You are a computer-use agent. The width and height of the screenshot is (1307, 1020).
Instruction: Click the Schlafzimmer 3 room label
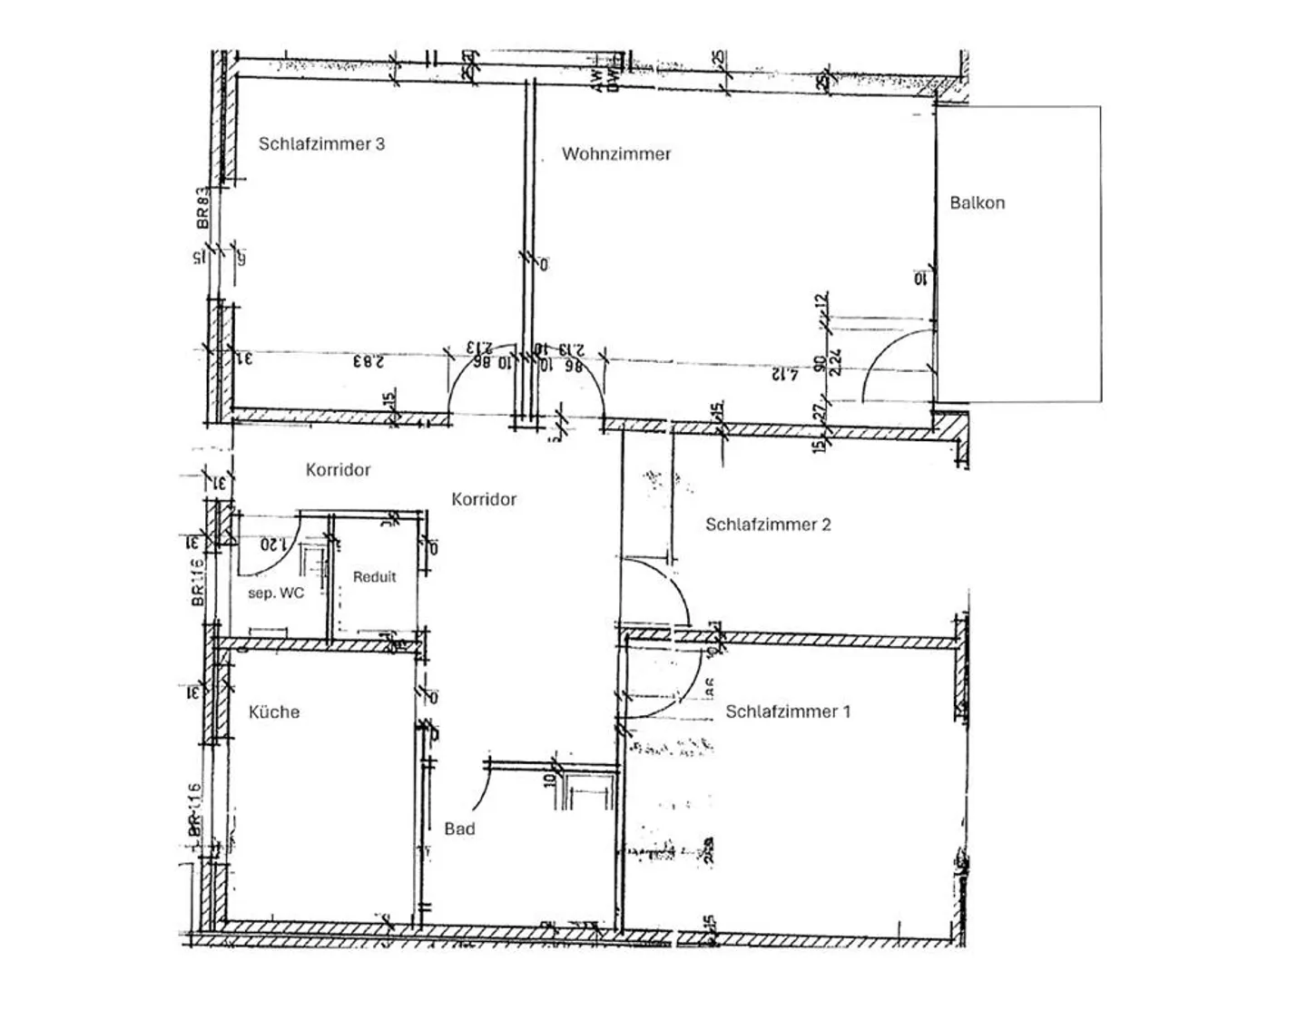[x=321, y=143]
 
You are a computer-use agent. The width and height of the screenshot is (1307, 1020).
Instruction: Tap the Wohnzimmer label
[x=615, y=153]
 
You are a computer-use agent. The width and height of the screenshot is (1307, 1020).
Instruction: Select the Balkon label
[x=977, y=202]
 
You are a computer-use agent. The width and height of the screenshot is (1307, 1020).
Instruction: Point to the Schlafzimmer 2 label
[x=768, y=524]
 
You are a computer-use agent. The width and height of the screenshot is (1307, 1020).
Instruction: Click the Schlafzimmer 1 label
[x=788, y=711]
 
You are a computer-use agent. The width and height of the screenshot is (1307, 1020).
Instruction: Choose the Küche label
[x=273, y=711]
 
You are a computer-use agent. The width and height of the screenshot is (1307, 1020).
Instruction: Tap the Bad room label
[x=459, y=828]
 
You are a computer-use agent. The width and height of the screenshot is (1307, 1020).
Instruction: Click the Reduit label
[x=374, y=576]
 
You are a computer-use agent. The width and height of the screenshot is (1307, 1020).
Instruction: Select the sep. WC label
[x=276, y=593]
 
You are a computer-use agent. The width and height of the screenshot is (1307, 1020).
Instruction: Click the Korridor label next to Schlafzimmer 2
[x=484, y=498]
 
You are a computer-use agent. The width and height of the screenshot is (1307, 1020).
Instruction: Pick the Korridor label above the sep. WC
[x=338, y=469]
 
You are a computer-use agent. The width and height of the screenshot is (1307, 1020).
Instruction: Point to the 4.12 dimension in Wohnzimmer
[x=785, y=373]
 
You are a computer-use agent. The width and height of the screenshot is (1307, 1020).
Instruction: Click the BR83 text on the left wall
[x=201, y=207]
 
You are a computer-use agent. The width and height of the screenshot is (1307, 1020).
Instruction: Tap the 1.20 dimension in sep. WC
[x=273, y=544]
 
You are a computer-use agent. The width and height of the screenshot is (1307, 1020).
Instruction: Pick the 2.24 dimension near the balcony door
[x=836, y=361]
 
